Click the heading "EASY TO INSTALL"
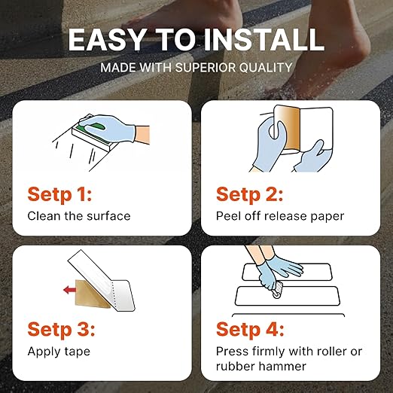(196, 39)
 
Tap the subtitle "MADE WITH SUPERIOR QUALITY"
(196, 67)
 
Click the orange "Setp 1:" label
(59, 194)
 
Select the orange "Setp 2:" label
(250, 194)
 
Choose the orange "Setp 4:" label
(250, 330)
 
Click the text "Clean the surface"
(79, 216)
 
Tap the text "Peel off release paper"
(279, 216)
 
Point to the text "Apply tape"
(59, 352)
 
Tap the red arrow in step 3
(71, 288)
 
